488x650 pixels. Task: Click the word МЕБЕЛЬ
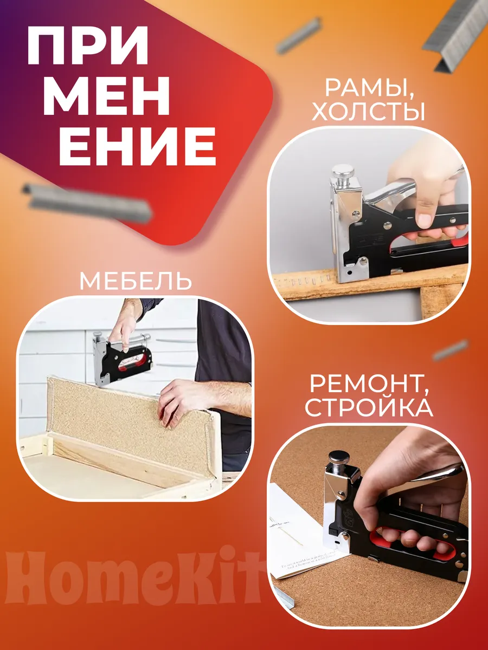pyautogui.click(x=136, y=281)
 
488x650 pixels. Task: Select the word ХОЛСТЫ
pyautogui.click(x=368, y=112)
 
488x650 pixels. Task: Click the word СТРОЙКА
pyautogui.click(x=369, y=408)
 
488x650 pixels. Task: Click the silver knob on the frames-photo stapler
pyautogui.click(x=343, y=171)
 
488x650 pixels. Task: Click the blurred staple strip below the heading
pyautogui.click(x=87, y=203)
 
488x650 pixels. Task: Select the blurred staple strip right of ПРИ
pyautogui.click(x=299, y=35)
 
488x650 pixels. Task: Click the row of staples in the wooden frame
pyautogui.click(x=311, y=280)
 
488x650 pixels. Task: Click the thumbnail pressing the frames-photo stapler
pyautogui.click(x=425, y=220)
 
